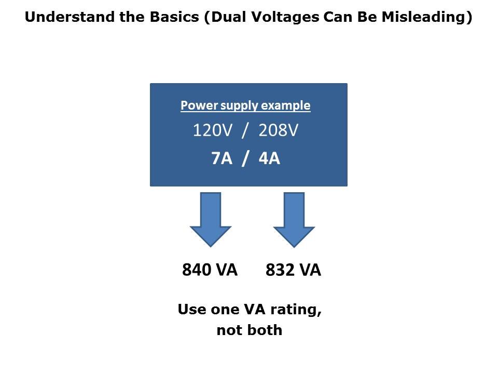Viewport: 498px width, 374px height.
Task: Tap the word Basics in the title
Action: pos(174,17)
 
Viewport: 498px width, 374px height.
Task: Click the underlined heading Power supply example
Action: pos(245,105)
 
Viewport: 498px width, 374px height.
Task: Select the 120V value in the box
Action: pos(213,130)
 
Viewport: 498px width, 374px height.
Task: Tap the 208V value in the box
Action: pos(279,130)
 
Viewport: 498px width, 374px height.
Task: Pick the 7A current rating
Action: pos(222,158)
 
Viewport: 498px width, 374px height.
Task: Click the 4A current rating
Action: pos(269,158)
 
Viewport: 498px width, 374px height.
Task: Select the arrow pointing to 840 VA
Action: pos(211,219)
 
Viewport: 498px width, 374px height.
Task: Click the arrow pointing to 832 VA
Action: pos(294,219)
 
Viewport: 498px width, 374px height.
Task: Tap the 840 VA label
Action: pos(210,270)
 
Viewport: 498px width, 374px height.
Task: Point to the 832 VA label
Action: pos(293,270)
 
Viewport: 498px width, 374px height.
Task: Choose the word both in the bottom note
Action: pos(266,330)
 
